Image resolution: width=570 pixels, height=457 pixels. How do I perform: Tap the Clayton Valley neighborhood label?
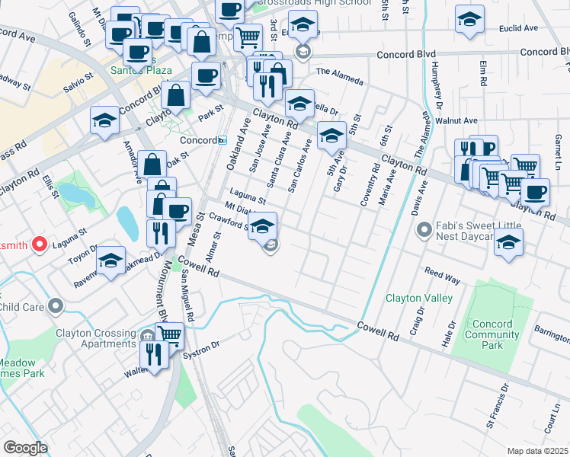point(418,298)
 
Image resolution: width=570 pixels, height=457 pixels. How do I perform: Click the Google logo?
point(25,447)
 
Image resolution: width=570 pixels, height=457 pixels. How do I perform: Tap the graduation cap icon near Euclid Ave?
point(469,20)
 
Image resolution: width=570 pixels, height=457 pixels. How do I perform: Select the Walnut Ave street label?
point(456,120)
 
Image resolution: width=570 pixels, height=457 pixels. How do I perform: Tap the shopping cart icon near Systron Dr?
point(169,335)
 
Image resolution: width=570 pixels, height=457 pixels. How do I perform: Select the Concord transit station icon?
point(222,140)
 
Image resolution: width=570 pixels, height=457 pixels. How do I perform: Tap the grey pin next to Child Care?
point(56,306)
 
